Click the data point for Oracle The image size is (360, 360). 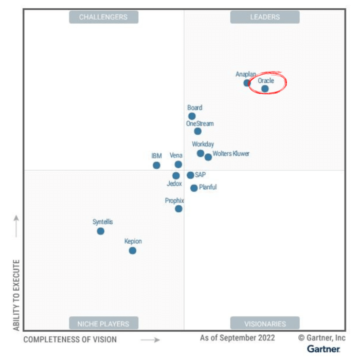265,88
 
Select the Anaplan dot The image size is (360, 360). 247,83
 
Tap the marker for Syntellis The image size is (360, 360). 101,231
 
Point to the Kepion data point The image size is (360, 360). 133,250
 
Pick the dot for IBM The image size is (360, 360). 156,165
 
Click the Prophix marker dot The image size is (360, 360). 178,209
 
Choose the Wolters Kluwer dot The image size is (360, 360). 208,157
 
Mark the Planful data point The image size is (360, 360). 194,188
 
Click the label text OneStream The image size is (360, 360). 200,123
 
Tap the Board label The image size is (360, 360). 195,108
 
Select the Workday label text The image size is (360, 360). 203,145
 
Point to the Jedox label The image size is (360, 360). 174,183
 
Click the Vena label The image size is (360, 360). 176,156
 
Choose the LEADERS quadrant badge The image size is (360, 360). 265,17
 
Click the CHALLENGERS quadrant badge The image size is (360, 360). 103,17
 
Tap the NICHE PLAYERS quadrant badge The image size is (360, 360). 103,323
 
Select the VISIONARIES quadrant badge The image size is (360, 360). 265,323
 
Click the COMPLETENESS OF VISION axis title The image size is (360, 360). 70,339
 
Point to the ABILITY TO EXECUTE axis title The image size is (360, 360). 16,295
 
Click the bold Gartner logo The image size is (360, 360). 323,349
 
